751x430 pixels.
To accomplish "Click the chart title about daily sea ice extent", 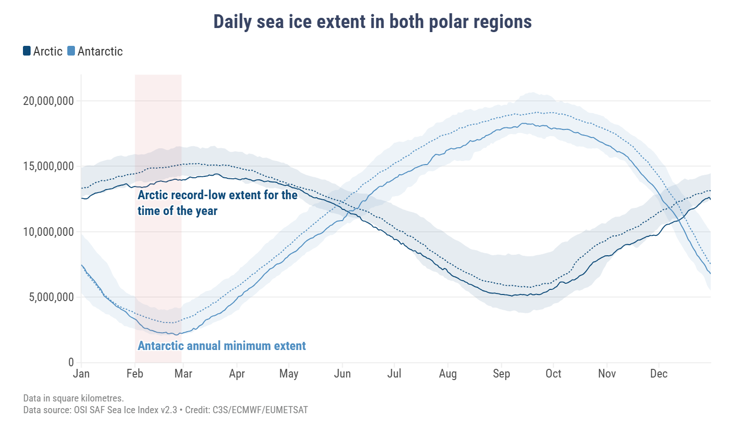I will tap(372, 22).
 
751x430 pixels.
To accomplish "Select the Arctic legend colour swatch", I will tap(27, 51).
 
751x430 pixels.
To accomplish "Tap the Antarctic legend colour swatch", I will tap(71, 51).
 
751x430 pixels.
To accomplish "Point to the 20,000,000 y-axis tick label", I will tap(48, 101).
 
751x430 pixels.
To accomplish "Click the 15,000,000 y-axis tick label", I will tap(48, 167).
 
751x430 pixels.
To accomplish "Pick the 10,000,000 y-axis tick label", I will tap(48, 232).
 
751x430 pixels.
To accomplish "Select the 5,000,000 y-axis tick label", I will tap(51, 297).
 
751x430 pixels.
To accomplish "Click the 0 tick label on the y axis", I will tap(71, 362).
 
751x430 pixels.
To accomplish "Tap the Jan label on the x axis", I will tap(81, 374).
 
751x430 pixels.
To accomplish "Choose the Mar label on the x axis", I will tap(183, 374).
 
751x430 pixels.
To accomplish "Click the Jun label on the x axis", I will tap(342, 374).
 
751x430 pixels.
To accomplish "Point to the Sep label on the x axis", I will tap(501, 374).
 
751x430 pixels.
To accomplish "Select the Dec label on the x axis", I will tap(659, 374).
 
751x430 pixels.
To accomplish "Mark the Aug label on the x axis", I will tap(448, 374).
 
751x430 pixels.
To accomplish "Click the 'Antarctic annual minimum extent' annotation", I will tap(222, 346).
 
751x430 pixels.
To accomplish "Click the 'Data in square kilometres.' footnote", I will tap(73, 398).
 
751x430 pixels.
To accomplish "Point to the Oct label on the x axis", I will tap(553, 374).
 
